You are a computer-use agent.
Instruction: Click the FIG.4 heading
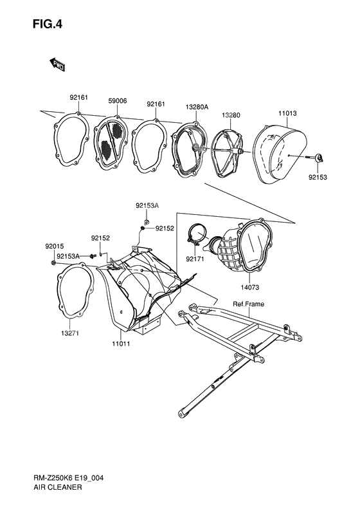(48, 24)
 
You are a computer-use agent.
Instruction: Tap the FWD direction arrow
(57, 64)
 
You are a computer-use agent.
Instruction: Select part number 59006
(118, 101)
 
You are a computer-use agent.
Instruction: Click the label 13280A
(197, 107)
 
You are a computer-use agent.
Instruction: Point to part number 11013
(287, 113)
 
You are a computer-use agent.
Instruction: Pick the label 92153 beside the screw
(318, 178)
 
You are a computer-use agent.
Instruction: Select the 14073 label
(249, 287)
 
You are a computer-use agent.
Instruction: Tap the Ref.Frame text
(248, 304)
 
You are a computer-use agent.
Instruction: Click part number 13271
(69, 333)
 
